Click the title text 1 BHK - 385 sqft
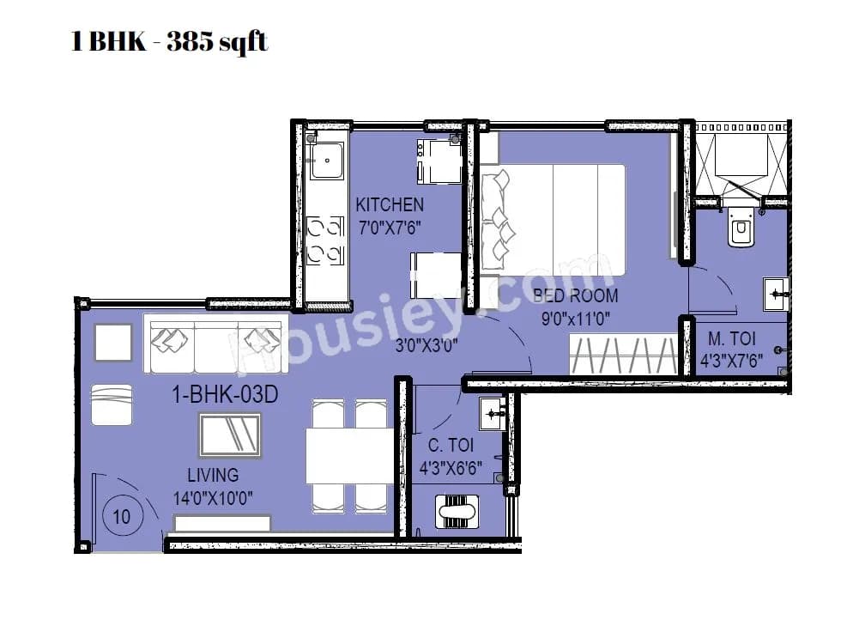coord(170,41)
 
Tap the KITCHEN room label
coord(390,204)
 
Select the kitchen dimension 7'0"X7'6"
coord(390,228)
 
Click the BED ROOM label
coord(575,296)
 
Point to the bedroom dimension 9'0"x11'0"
coord(575,319)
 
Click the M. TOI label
coord(730,338)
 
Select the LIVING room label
coord(213,475)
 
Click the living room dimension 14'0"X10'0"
coord(213,496)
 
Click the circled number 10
coord(122,517)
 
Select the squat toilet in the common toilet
coord(457,512)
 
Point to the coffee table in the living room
coord(230,435)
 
